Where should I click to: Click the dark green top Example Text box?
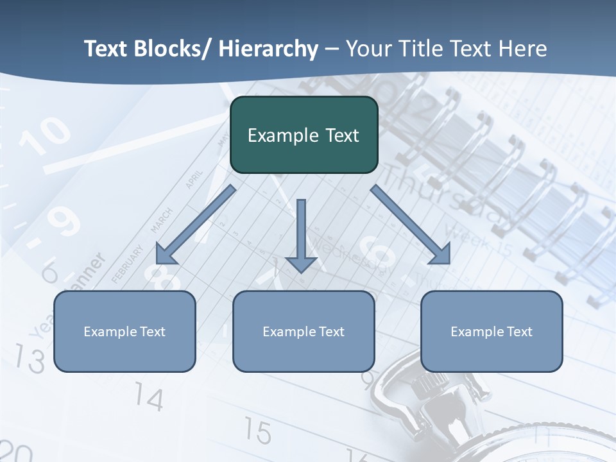[x=304, y=135]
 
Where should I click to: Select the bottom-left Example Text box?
[x=124, y=331]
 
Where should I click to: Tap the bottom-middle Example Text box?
[x=304, y=331]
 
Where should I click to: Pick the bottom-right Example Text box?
[x=492, y=331]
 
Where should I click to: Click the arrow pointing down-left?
[x=195, y=225]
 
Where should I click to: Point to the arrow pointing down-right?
[x=411, y=225]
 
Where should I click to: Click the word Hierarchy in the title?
[x=268, y=49]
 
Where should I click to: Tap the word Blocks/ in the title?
[x=173, y=49]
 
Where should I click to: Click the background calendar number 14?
[x=149, y=399]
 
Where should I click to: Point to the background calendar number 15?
[x=257, y=431]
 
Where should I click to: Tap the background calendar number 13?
[x=29, y=359]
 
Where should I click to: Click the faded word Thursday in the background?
[x=443, y=193]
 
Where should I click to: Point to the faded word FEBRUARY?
[x=127, y=264]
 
